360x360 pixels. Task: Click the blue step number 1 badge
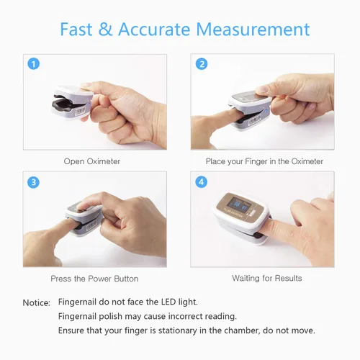coord(34,64)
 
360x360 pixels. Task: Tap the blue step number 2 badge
coord(202,64)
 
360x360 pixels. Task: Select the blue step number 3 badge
coord(33,182)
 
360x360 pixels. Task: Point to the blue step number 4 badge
coord(201,182)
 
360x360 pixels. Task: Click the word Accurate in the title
coord(154,30)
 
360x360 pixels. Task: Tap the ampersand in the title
coord(105,30)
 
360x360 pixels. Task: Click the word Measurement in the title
coord(253,30)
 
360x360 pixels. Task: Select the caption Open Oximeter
coord(92,161)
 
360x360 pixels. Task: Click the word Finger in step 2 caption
coord(256,161)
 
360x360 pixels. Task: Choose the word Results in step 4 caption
coord(288,278)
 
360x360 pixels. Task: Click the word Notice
coord(37,302)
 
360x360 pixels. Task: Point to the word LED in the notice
coord(168,302)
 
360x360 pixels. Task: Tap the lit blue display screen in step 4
coord(239,205)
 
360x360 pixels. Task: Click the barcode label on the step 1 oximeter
coord(81,112)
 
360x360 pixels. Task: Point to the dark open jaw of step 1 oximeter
coord(63,104)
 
